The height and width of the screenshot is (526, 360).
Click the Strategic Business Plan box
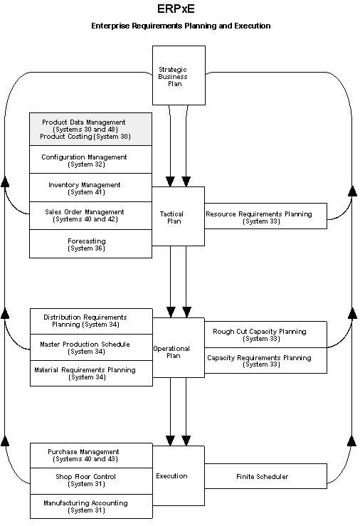(x=179, y=75)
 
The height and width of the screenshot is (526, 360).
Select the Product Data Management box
(x=90, y=129)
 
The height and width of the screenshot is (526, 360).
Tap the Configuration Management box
(x=90, y=159)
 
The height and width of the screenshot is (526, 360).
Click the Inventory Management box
(x=90, y=188)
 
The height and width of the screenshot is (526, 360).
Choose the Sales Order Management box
(x=90, y=216)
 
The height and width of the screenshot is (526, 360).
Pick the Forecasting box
(x=90, y=244)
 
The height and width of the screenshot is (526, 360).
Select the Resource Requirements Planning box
(x=265, y=216)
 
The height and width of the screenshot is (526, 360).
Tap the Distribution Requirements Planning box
(x=90, y=321)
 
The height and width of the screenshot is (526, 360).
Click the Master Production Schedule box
(x=90, y=347)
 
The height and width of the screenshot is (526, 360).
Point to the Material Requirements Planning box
(x=90, y=374)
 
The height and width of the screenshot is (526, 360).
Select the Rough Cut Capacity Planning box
(x=265, y=335)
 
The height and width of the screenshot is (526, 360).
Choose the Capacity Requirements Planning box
(x=265, y=360)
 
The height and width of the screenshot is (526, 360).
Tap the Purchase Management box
(x=90, y=456)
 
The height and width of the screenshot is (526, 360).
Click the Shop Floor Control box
(x=90, y=480)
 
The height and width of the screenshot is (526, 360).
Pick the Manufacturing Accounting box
(x=90, y=506)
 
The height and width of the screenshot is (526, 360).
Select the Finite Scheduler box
(x=265, y=476)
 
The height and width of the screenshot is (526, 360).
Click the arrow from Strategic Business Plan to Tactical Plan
(x=179, y=146)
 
